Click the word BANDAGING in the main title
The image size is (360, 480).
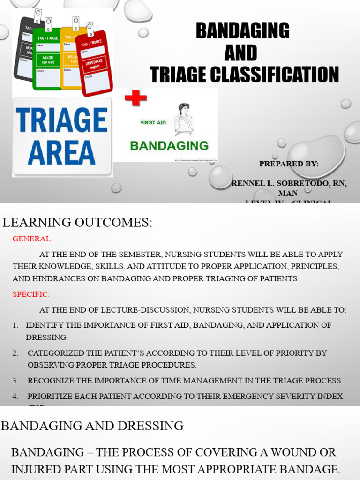tap(242, 31)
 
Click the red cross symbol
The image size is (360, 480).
tap(135, 98)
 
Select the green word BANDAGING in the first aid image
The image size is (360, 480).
tap(169, 145)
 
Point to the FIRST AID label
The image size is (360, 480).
tap(154, 122)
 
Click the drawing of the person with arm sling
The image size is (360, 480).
tap(184, 119)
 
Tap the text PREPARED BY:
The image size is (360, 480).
tap(289, 164)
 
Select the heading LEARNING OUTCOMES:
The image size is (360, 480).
tap(78, 223)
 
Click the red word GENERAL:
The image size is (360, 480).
tap(33, 239)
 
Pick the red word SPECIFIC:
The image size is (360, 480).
tap(31, 294)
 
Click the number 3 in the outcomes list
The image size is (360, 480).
tap(15, 381)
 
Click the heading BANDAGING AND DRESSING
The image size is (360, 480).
tap(92, 426)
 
